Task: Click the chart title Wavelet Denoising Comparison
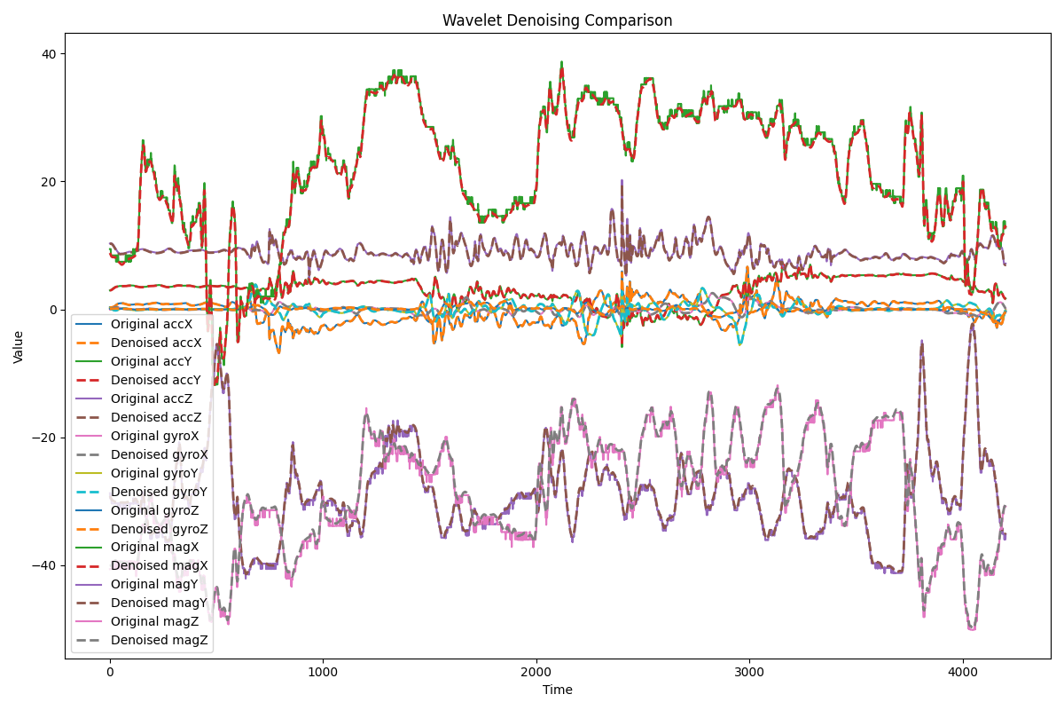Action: tap(558, 20)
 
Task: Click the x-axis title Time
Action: tap(558, 690)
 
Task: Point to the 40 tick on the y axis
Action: tap(49, 54)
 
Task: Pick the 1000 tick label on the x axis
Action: tap(323, 672)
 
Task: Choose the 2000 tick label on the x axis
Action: tap(536, 672)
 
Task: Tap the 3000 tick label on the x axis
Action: tap(750, 672)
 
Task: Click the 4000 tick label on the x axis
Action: tap(963, 672)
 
